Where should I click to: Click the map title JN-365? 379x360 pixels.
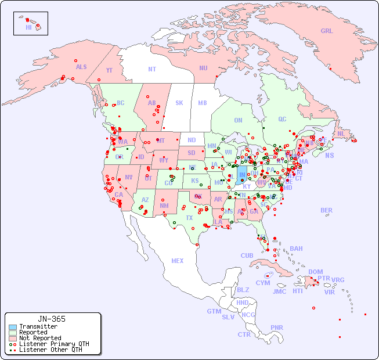pos(51,319)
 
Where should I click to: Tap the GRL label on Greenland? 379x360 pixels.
pos(327,31)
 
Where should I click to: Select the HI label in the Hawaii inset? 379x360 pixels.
pos(28,27)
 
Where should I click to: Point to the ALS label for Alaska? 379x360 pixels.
pos(81,67)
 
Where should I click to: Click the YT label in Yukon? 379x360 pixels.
pos(109,70)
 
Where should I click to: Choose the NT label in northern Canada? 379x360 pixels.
pos(151,69)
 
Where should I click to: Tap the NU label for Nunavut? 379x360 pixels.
pos(203,68)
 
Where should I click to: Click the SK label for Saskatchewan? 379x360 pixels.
pos(179,103)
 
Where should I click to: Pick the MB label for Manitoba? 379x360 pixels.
pos(202,103)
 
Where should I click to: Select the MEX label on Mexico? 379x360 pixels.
pos(178,261)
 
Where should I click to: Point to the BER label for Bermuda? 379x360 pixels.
pos(327,210)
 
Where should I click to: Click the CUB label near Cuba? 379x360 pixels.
pos(247,255)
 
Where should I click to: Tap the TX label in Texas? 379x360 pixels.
pos(189,218)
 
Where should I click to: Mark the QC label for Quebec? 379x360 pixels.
pos(282,119)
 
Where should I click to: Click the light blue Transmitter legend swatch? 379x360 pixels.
pos(13,327)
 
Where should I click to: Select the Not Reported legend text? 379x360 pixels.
pos(40,338)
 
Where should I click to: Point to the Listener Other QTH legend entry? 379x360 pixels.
pos(50,350)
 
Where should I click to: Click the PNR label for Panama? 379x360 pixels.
pos(277,327)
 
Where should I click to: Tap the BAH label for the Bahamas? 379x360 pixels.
pos(296,249)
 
